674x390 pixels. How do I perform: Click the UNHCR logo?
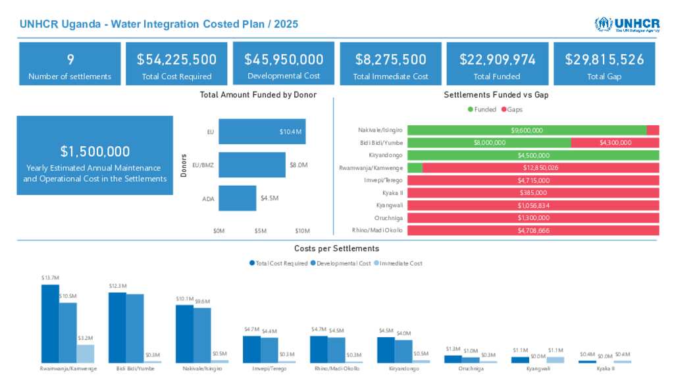[x=627, y=24]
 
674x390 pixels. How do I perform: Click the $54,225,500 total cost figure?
[x=176, y=59]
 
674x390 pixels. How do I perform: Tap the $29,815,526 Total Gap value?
[x=604, y=59]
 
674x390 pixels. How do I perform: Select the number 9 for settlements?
[x=70, y=59]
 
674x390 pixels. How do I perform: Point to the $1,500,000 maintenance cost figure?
[x=95, y=151]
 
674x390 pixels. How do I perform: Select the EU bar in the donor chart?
[x=261, y=132]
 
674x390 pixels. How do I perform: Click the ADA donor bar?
[x=237, y=198]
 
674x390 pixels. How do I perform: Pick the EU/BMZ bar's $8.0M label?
[x=298, y=165]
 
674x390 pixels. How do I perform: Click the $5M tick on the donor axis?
[x=261, y=231]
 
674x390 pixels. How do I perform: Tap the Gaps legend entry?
[x=513, y=109]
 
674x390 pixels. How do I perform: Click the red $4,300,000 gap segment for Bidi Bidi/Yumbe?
[x=615, y=143]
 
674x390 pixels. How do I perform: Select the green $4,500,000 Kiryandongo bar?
[x=533, y=155]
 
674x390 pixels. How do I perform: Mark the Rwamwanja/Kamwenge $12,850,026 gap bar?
[x=540, y=168]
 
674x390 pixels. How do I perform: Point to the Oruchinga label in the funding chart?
[x=388, y=218]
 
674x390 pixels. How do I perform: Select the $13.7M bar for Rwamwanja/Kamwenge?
[x=50, y=323]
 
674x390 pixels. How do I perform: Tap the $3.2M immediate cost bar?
[x=86, y=354]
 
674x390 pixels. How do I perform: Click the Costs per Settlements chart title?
[x=336, y=248]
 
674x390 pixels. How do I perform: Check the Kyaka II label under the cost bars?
[x=605, y=369]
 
